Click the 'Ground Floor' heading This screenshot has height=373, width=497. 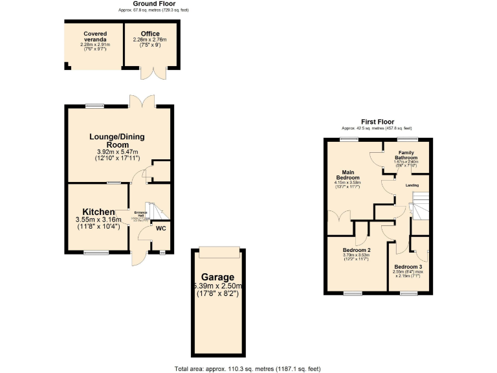[153, 4]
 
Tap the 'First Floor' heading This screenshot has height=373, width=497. [377, 122]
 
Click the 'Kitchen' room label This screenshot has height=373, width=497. [98, 212]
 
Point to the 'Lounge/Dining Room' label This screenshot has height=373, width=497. [117, 141]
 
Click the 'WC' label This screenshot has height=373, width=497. [159, 228]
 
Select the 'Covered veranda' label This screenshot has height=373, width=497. [94, 36]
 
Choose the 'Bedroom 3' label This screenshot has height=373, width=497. [408, 267]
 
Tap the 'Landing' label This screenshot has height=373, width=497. [412, 185]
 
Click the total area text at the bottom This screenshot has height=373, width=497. [248, 368]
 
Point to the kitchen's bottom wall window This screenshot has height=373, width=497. [96, 253]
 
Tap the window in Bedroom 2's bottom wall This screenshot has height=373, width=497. [353, 293]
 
